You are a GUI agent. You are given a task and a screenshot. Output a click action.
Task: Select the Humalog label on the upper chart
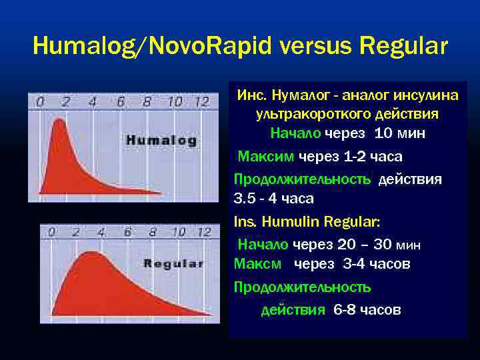161,141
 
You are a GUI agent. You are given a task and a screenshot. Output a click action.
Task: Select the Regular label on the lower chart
173,263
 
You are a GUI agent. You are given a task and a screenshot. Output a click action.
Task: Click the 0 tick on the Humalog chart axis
41,102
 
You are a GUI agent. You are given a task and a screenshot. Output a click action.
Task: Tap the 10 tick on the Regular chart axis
178,232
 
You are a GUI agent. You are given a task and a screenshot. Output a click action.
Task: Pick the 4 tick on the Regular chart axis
101,232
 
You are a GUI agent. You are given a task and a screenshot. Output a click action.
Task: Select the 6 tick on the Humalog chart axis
121,102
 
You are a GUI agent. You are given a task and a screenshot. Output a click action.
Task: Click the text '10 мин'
400,133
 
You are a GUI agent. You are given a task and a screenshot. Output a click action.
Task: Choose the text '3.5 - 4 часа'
273,199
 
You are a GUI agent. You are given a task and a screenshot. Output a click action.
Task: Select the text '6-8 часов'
367,310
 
